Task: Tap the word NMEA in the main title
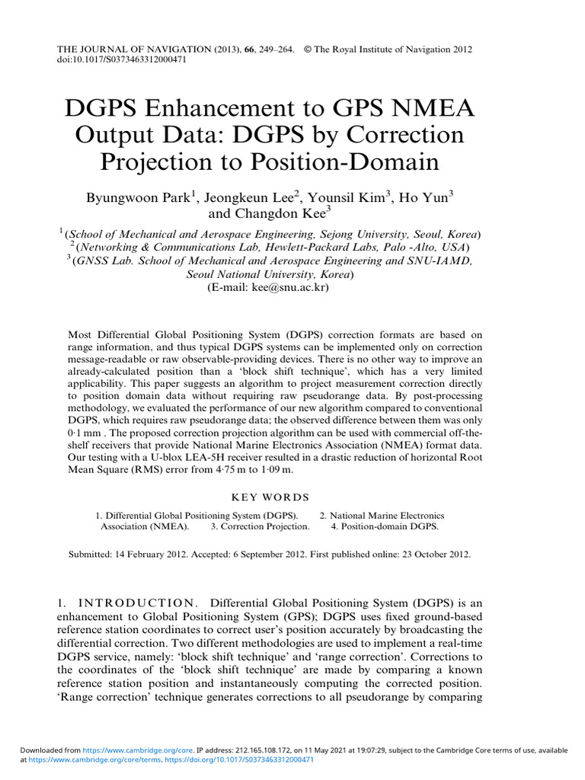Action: (434, 107)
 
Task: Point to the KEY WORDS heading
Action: (270, 497)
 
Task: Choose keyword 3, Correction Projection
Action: (261, 526)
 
